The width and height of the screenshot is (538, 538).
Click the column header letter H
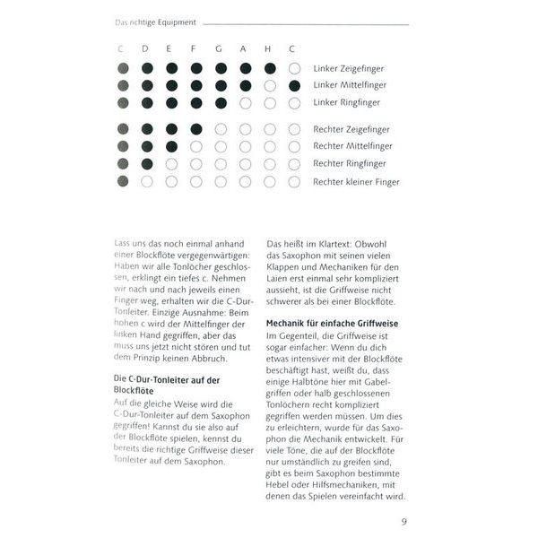point(269,48)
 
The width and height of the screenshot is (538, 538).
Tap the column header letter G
point(220,48)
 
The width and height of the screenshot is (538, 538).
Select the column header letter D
point(146,48)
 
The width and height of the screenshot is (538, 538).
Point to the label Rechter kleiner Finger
point(356,181)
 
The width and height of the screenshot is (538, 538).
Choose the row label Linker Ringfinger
point(347,102)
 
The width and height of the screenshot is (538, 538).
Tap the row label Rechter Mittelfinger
point(352,146)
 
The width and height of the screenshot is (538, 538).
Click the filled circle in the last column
point(294,85)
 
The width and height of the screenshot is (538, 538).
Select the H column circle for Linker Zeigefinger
point(269,68)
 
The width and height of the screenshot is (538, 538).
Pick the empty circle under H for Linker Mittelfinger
point(269,85)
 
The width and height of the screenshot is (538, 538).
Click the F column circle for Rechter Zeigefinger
point(195,129)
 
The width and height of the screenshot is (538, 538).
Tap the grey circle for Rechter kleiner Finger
point(122,181)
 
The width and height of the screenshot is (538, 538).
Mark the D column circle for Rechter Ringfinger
point(146,164)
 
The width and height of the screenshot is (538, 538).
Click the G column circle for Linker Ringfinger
point(220,102)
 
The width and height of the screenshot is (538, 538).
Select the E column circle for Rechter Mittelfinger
point(171,146)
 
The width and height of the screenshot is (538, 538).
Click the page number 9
point(404,521)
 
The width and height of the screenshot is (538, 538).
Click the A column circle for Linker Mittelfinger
point(245,85)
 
